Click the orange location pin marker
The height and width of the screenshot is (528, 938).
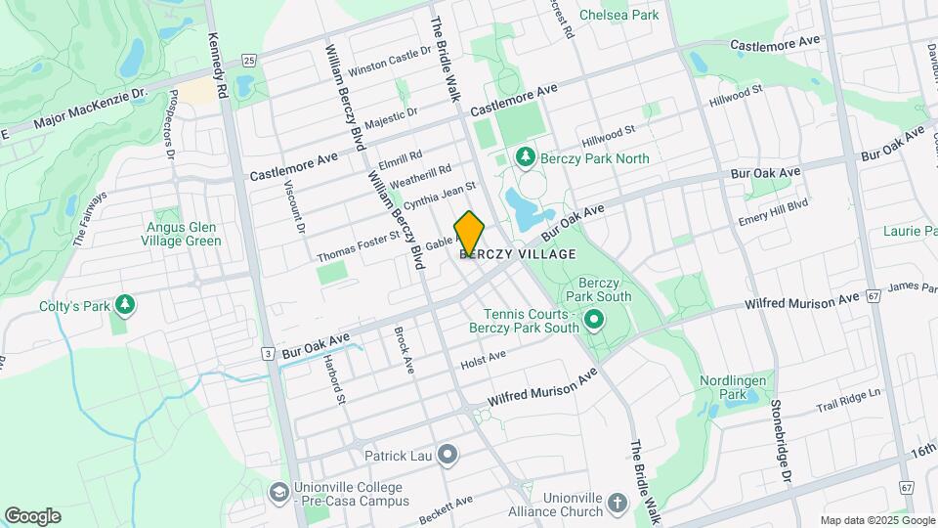click(x=469, y=234)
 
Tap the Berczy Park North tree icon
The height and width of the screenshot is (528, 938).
click(x=526, y=156)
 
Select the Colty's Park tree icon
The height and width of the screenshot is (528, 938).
click(x=125, y=305)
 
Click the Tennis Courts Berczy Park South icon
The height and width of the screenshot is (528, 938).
click(x=592, y=320)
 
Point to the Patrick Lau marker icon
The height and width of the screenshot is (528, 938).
click(x=448, y=454)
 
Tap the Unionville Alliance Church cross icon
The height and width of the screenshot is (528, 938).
click(x=617, y=504)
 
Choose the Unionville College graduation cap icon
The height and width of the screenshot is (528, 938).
click(x=278, y=490)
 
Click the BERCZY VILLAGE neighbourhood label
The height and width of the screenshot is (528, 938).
click(x=517, y=254)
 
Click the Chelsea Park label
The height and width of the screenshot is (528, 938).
click(x=618, y=15)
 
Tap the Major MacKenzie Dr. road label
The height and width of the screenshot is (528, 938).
click(x=89, y=109)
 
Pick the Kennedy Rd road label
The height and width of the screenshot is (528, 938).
click(x=217, y=66)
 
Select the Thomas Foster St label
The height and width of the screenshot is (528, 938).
click(x=358, y=246)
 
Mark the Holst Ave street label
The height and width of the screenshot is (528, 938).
click(x=484, y=361)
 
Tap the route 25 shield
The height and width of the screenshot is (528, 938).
click(x=249, y=61)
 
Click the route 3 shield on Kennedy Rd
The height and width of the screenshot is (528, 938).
click(x=267, y=353)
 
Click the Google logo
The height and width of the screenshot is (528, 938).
click(x=32, y=516)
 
